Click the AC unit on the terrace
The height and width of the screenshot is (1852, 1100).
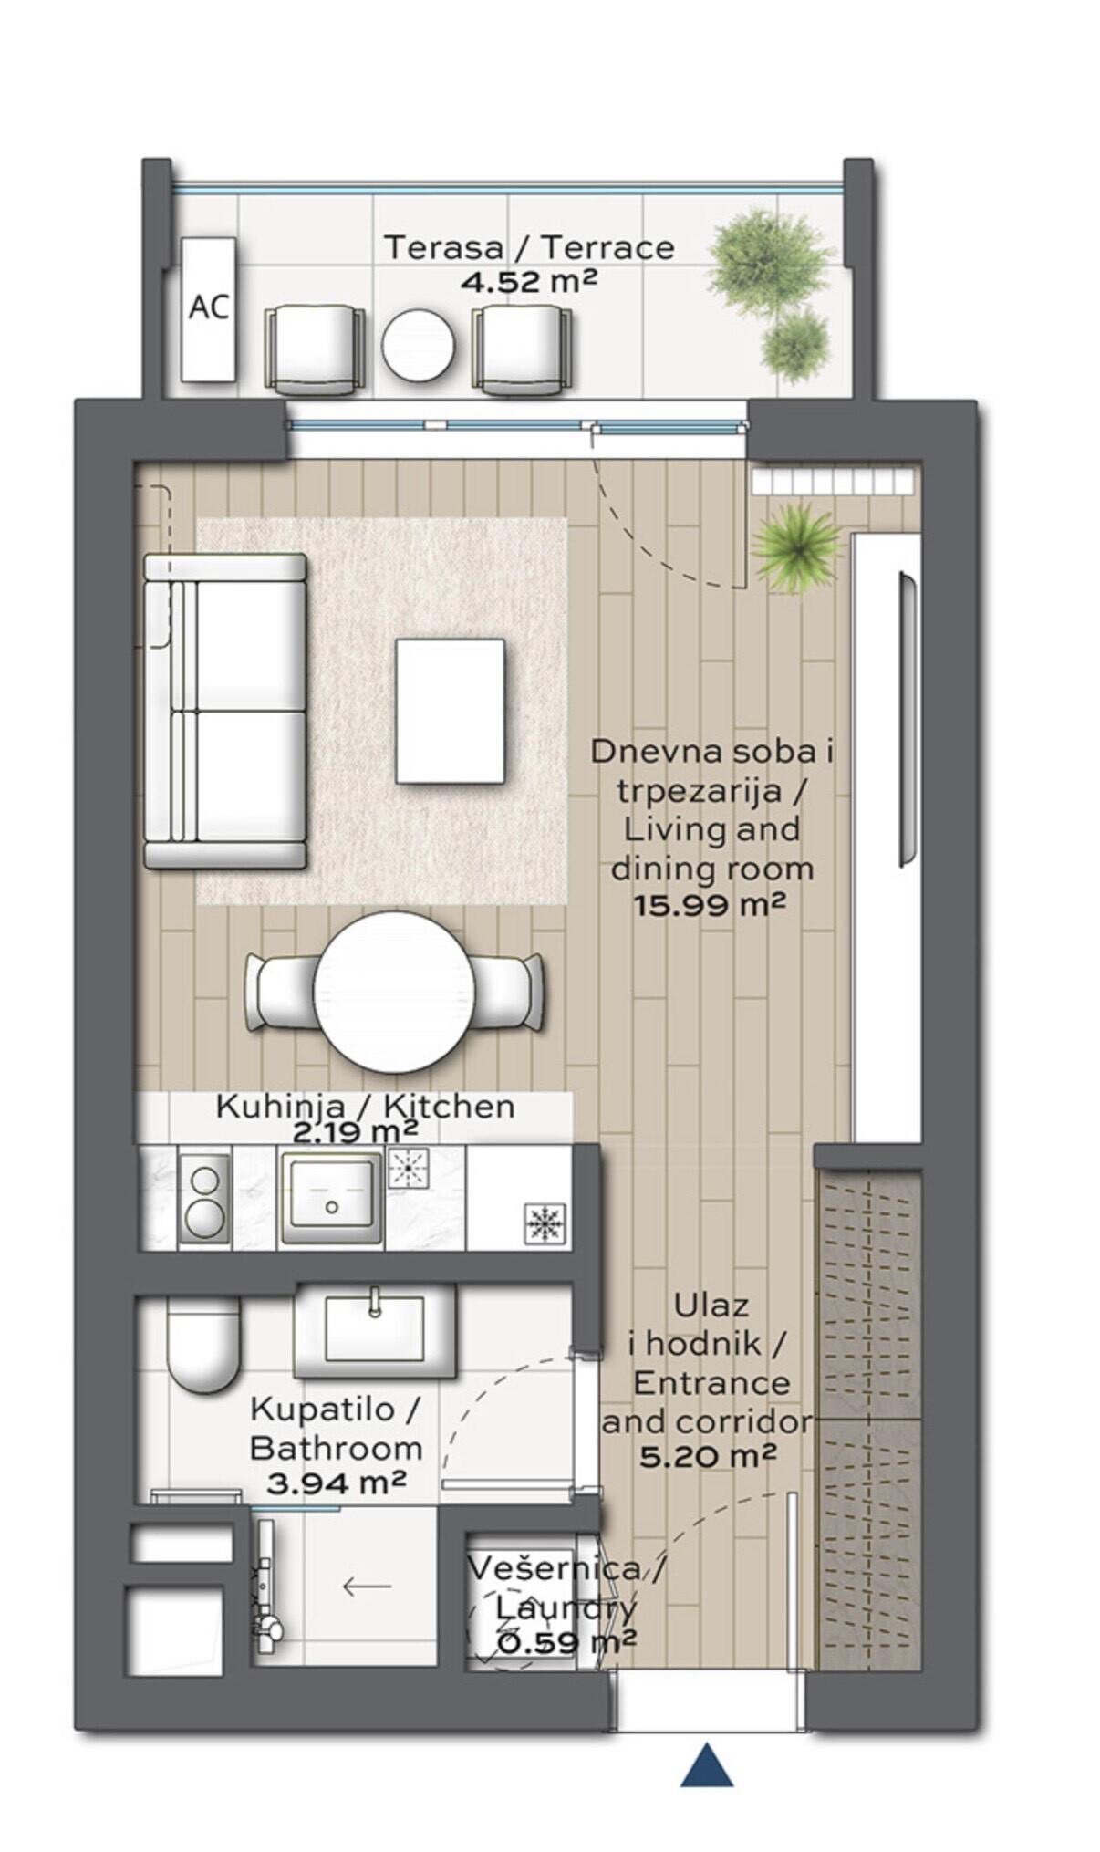tap(208, 309)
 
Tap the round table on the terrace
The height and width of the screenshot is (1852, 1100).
tap(418, 346)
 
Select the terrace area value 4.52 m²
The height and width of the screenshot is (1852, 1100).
tap(528, 280)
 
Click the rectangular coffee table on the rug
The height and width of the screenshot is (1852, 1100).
tap(450, 711)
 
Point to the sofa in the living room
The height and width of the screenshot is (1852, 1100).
tap(224, 711)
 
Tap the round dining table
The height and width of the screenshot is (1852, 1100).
tap(394, 992)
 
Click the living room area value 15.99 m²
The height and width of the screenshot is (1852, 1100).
tap(710, 906)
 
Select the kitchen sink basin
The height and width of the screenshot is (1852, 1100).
tap(331, 1197)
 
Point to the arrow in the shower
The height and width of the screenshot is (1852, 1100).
tap(367, 1587)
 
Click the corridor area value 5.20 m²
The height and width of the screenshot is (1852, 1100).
tap(708, 1456)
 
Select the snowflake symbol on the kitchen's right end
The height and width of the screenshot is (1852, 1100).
tap(545, 1224)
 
